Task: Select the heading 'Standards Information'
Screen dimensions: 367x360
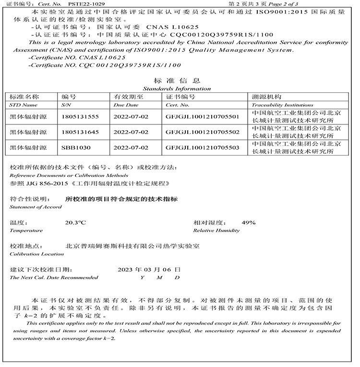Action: tap(177, 88)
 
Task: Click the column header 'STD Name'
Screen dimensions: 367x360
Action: tap(23, 105)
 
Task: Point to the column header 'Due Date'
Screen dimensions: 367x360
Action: tap(126, 105)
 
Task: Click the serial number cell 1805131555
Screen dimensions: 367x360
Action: tap(80, 117)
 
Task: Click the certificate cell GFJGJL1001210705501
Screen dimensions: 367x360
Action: tap(202, 117)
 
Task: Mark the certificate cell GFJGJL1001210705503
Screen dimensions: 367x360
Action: tap(202, 147)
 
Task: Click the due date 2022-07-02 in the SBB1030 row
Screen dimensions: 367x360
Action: tap(131, 147)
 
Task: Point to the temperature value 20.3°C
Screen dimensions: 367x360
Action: tap(75, 223)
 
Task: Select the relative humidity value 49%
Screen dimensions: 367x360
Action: tap(249, 223)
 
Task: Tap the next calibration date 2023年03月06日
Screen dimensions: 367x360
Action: tap(149, 269)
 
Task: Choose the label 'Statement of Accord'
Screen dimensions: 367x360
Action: tap(36, 207)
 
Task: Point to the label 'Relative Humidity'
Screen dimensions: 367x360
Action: tap(216, 231)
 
